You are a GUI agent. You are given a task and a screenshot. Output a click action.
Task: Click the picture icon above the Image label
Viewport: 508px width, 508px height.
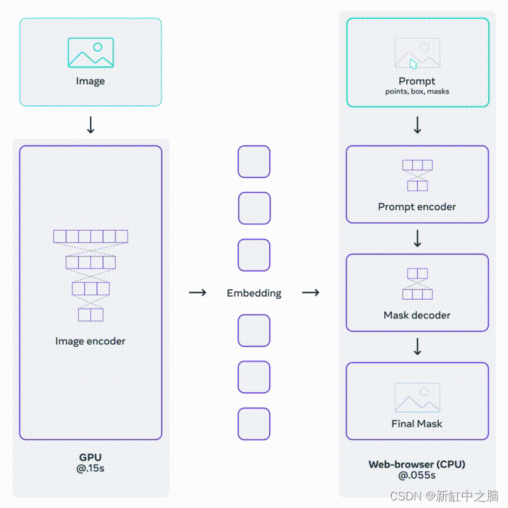(91, 53)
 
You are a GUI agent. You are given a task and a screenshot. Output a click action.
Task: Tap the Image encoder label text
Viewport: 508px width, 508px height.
(90, 341)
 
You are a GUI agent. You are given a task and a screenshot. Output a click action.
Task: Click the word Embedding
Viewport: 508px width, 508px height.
(254, 293)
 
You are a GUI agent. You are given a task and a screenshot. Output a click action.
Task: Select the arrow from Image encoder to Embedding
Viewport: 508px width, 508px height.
(198, 293)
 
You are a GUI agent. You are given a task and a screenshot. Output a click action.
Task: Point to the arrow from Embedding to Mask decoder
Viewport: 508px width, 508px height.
(311, 293)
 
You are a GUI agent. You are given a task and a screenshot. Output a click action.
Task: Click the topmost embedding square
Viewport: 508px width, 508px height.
(254, 162)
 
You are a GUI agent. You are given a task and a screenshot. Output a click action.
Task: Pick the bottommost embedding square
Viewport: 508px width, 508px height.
(254, 424)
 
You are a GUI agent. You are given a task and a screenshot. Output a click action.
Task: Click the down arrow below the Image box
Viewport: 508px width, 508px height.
(91, 125)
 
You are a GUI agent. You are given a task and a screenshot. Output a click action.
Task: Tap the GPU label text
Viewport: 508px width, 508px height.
(90, 457)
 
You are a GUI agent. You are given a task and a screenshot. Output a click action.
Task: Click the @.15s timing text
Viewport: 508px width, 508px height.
(90, 468)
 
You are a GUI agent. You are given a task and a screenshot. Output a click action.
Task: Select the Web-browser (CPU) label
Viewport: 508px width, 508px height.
(417, 464)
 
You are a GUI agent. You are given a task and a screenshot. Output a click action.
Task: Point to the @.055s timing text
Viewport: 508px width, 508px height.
(417, 475)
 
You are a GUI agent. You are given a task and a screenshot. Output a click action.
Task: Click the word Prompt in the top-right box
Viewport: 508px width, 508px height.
(417, 81)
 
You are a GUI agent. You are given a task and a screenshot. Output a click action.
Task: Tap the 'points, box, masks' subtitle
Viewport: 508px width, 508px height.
(417, 91)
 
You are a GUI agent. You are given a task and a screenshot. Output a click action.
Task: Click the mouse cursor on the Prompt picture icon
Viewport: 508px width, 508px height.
(413, 63)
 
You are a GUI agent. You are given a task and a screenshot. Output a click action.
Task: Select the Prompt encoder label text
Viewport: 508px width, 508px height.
(417, 206)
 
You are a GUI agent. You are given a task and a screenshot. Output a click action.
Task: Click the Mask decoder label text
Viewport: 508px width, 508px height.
(417, 315)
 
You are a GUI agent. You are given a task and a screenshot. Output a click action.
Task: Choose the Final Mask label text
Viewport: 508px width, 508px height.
(417, 424)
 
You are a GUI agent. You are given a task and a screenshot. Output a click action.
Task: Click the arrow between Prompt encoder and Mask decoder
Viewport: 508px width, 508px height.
(417, 238)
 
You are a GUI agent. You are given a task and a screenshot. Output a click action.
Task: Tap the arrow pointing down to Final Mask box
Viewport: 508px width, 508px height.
(417, 347)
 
